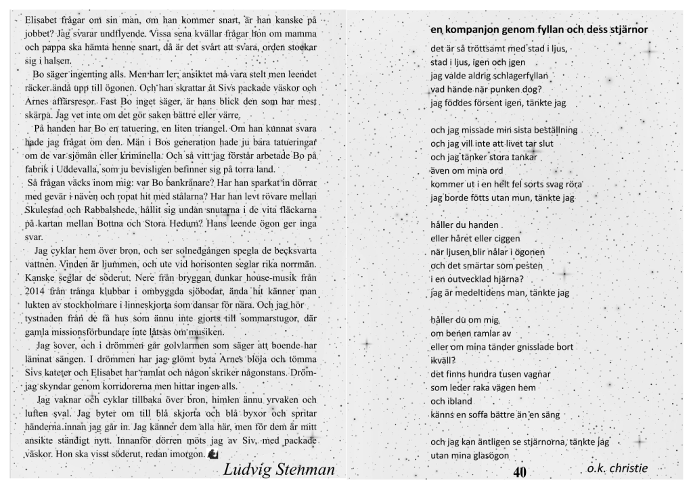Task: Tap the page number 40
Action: [x=520, y=471]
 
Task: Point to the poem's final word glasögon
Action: [x=485, y=456]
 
